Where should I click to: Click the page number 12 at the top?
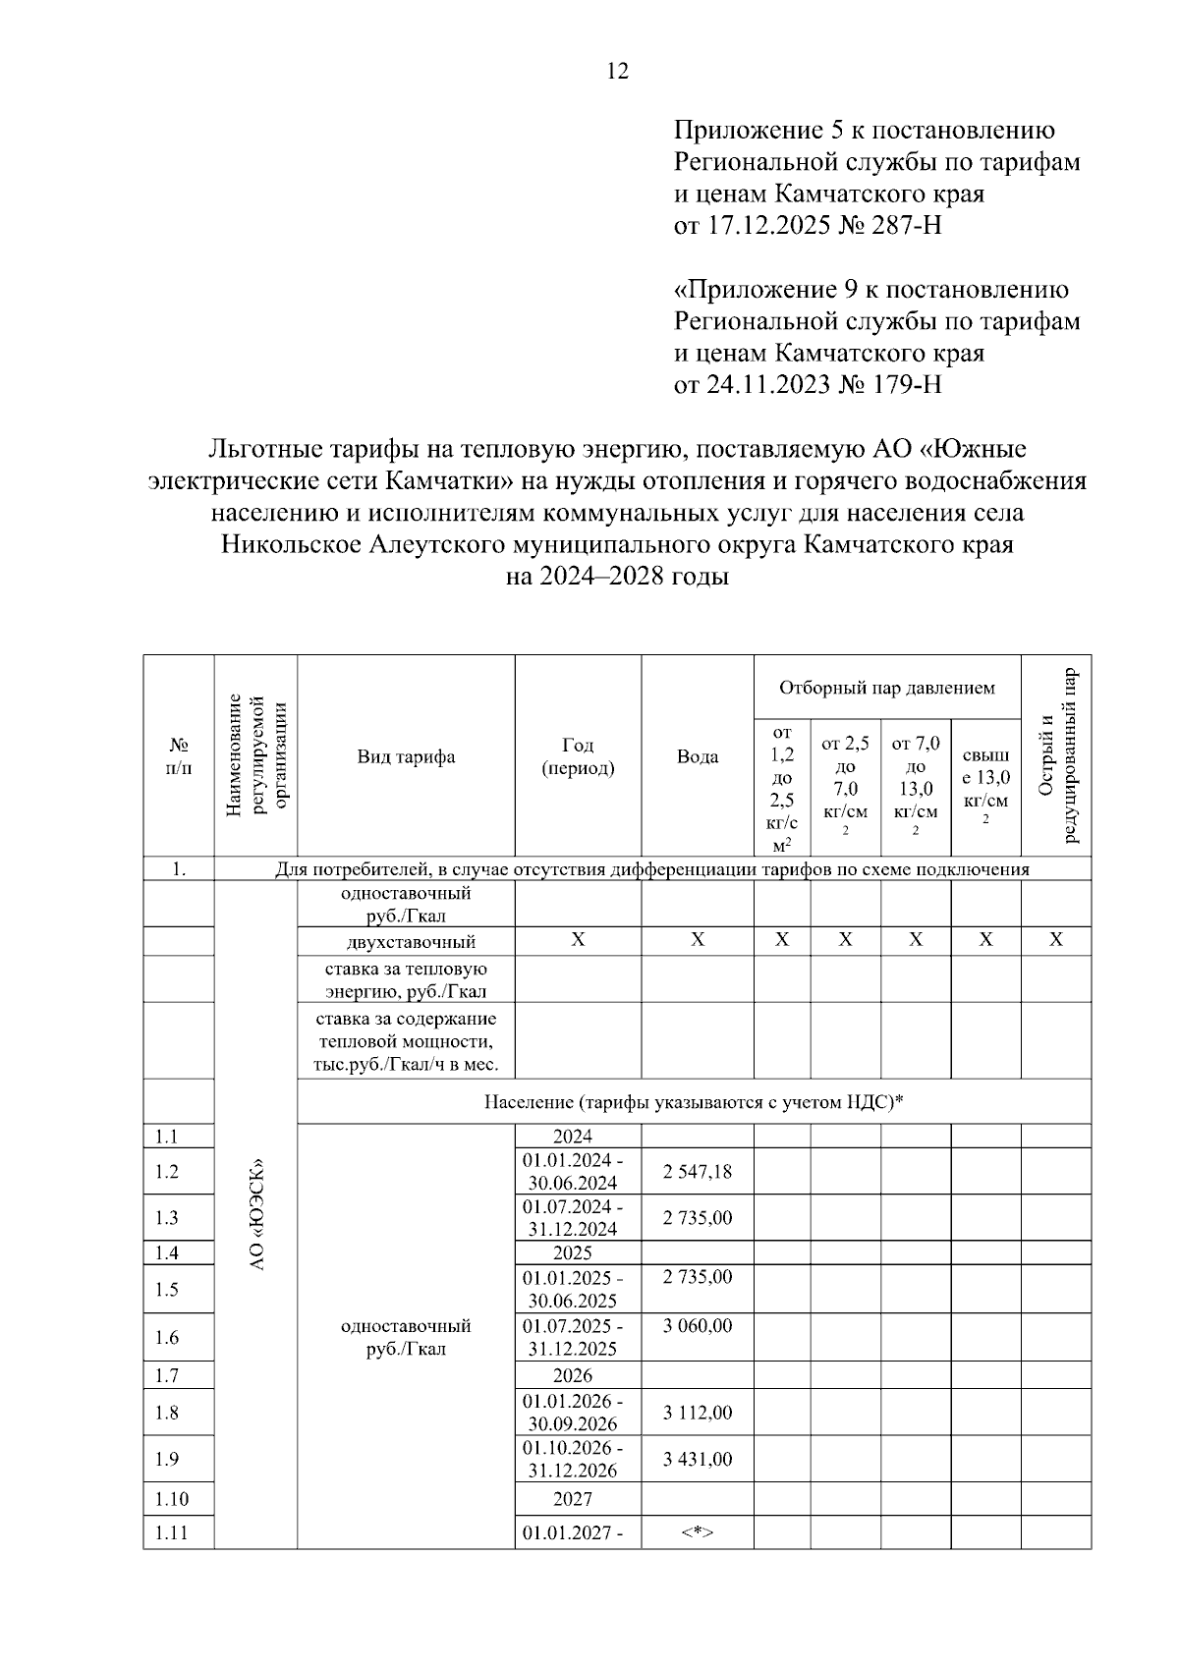618,71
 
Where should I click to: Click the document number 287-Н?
907,226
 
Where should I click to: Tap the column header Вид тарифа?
406,756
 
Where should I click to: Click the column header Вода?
698,756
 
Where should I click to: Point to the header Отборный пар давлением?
887,688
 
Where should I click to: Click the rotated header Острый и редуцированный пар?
1057,756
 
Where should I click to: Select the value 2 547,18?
698,1172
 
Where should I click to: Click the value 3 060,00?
698,1326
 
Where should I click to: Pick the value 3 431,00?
698,1460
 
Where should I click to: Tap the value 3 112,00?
698,1413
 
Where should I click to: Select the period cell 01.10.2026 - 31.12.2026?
571,1460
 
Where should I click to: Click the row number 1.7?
167,1375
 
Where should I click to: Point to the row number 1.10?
171,1499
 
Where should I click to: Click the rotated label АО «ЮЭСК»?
256,1218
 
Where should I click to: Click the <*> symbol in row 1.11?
698,1532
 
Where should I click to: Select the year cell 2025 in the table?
572,1252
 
